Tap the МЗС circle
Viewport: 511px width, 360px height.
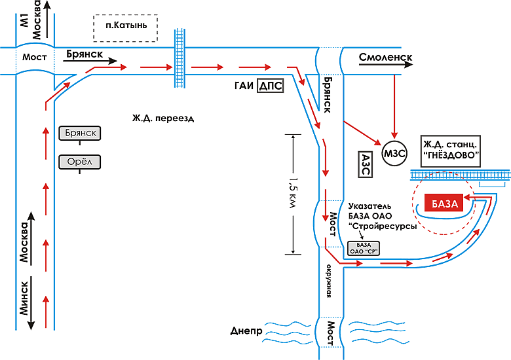[x=395, y=154]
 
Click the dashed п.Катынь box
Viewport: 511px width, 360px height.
[x=126, y=27]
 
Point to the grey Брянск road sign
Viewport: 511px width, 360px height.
[x=81, y=134]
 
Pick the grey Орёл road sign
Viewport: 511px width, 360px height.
[x=81, y=161]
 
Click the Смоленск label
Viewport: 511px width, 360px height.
[x=385, y=58]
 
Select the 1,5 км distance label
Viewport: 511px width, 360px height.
[x=293, y=194]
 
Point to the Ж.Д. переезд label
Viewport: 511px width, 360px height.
[x=163, y=118]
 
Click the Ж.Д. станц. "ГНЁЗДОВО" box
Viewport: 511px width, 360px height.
[x=451, y=149]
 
